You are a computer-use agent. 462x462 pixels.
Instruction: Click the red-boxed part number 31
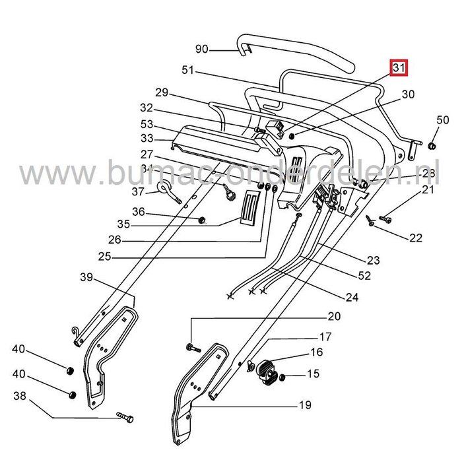point(398,68)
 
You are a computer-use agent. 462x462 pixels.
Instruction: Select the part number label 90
point(202,49)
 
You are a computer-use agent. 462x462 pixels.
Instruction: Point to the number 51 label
point(187,71)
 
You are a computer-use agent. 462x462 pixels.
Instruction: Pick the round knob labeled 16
point(268,371)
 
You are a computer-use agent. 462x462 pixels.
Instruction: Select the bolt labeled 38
point(125,417)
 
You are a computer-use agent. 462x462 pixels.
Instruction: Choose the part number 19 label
point(304,405)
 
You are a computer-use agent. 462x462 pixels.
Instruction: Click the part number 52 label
point(363,275)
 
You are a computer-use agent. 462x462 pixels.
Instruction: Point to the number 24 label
point(352,298)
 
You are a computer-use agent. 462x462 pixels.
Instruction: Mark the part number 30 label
point(408,94)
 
